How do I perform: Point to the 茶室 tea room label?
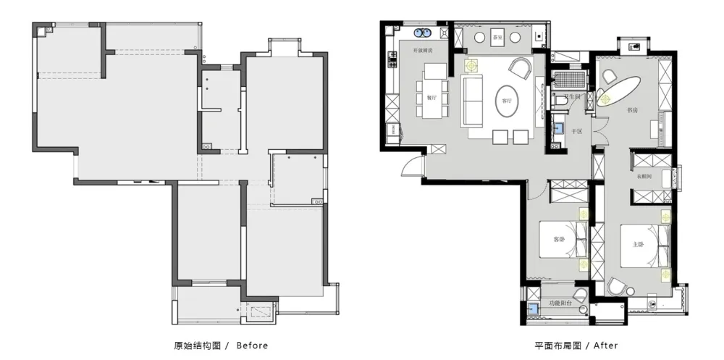(x=497, y=37)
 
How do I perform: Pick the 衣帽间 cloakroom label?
(x=644, y=176)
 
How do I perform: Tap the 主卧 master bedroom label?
(x=638, y=244)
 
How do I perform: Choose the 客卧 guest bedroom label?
(x=559, y=240)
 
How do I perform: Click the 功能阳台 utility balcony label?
(x=560, y=303)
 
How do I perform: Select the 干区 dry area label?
(x=577, y=131)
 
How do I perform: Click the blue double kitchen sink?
(x=423, y=33)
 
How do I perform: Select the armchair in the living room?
(x=521, y=69)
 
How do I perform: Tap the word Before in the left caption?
(x=252, y=346)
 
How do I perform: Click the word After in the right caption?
(x=605, y=346)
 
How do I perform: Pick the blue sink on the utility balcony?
(x=533, y=308)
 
